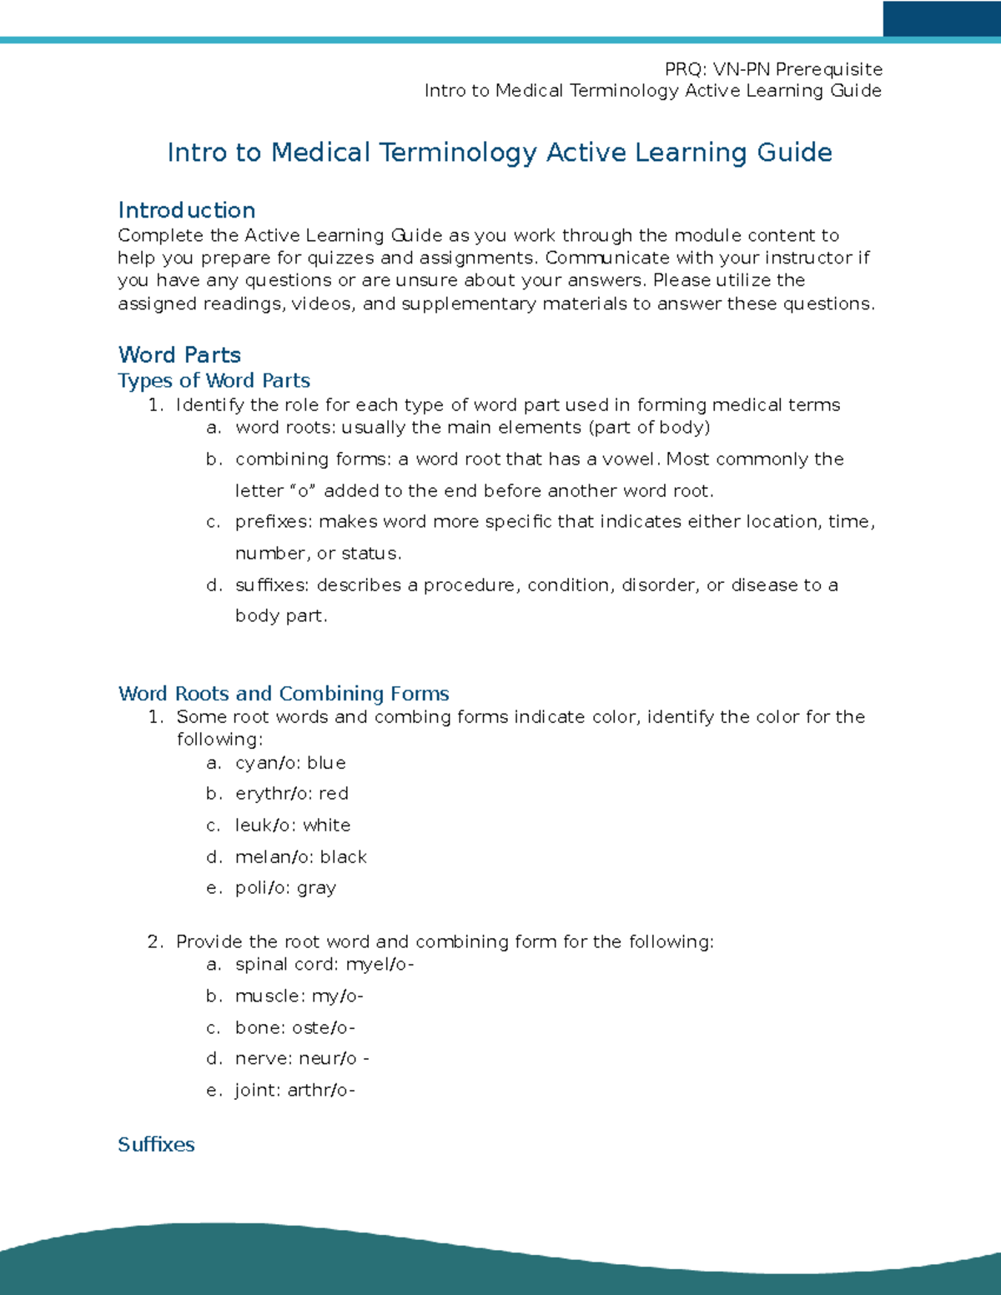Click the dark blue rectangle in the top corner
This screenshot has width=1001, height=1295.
941,18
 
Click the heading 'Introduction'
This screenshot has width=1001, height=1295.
187,210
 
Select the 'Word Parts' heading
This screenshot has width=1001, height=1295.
179,355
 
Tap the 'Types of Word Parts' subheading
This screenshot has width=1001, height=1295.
214,380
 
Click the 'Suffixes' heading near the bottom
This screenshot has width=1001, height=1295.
156,1144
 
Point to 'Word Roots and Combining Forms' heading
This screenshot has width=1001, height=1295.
284,693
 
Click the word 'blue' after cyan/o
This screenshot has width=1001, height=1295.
326,763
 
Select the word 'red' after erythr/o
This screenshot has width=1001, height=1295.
334,794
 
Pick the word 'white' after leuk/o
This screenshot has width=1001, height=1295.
327,826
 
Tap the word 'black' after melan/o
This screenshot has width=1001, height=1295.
344,857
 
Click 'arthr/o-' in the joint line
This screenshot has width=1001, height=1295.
321,1091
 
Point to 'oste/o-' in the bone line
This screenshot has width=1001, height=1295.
323,1028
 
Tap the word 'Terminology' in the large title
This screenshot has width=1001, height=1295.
458,153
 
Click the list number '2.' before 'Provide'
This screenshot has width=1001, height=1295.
155,942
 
